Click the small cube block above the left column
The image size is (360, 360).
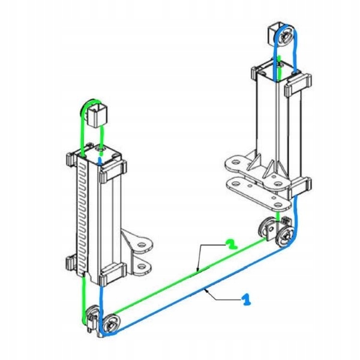tap(96, 114)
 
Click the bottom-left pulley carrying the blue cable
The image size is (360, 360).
tap(110, 323)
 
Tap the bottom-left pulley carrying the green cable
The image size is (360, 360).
tap(92, 316)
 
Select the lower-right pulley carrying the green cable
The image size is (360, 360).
tap(266, 228)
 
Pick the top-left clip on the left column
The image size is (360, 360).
tap(71, 160)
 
